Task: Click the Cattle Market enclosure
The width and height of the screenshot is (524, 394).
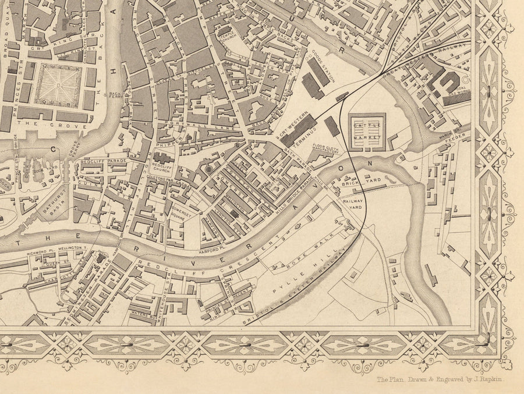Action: click(367, 131)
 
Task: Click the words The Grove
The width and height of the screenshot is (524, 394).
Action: click(36, 123)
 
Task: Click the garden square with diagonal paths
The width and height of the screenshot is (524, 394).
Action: click(59, 84)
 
